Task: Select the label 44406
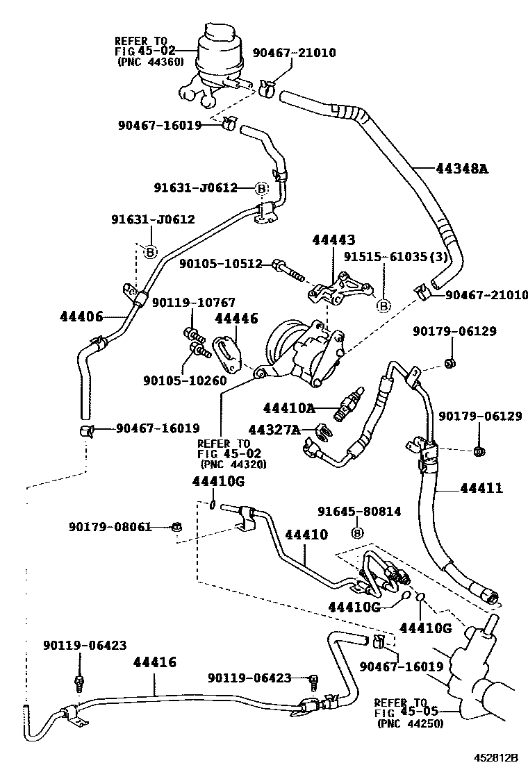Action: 81,317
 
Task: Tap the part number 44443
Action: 333,241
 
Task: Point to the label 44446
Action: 236,319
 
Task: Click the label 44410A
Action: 289,408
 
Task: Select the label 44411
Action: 481,488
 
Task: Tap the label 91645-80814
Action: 359,512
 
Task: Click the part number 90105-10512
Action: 221,264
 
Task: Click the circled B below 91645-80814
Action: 358,532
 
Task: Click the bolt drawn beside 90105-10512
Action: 290,271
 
